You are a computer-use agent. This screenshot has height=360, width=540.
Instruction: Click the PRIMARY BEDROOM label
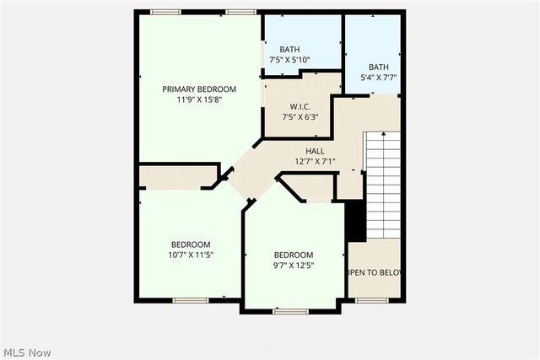click(x=199, y=89)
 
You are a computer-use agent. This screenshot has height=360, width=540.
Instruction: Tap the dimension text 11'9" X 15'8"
click(x=199, y=99)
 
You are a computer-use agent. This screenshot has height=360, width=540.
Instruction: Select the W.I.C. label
click(x=301, y=106)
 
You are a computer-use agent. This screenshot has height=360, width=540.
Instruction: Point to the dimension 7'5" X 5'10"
click(x=290, y=60)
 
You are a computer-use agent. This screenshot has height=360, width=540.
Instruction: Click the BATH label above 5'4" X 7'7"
click(x=378, y=67)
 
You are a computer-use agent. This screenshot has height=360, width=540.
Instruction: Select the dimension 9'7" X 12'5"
click(x=293, y=265)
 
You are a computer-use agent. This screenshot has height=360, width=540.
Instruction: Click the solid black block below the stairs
click(x=355, y=221)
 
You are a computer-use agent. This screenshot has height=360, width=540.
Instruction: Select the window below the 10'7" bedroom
click(x=191, y=300)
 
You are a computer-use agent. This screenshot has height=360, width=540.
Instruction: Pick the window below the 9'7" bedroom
click(x=291, y=311)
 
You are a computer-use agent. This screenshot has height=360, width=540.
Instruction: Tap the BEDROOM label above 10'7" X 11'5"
click(x=192, y=244)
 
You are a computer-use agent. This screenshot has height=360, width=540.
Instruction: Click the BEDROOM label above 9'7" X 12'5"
click(x=293, y=255)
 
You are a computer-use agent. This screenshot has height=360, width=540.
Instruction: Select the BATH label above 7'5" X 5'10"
click(x=290, y=50)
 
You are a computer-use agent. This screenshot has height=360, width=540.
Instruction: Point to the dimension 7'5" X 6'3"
click(x=301, y=116)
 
